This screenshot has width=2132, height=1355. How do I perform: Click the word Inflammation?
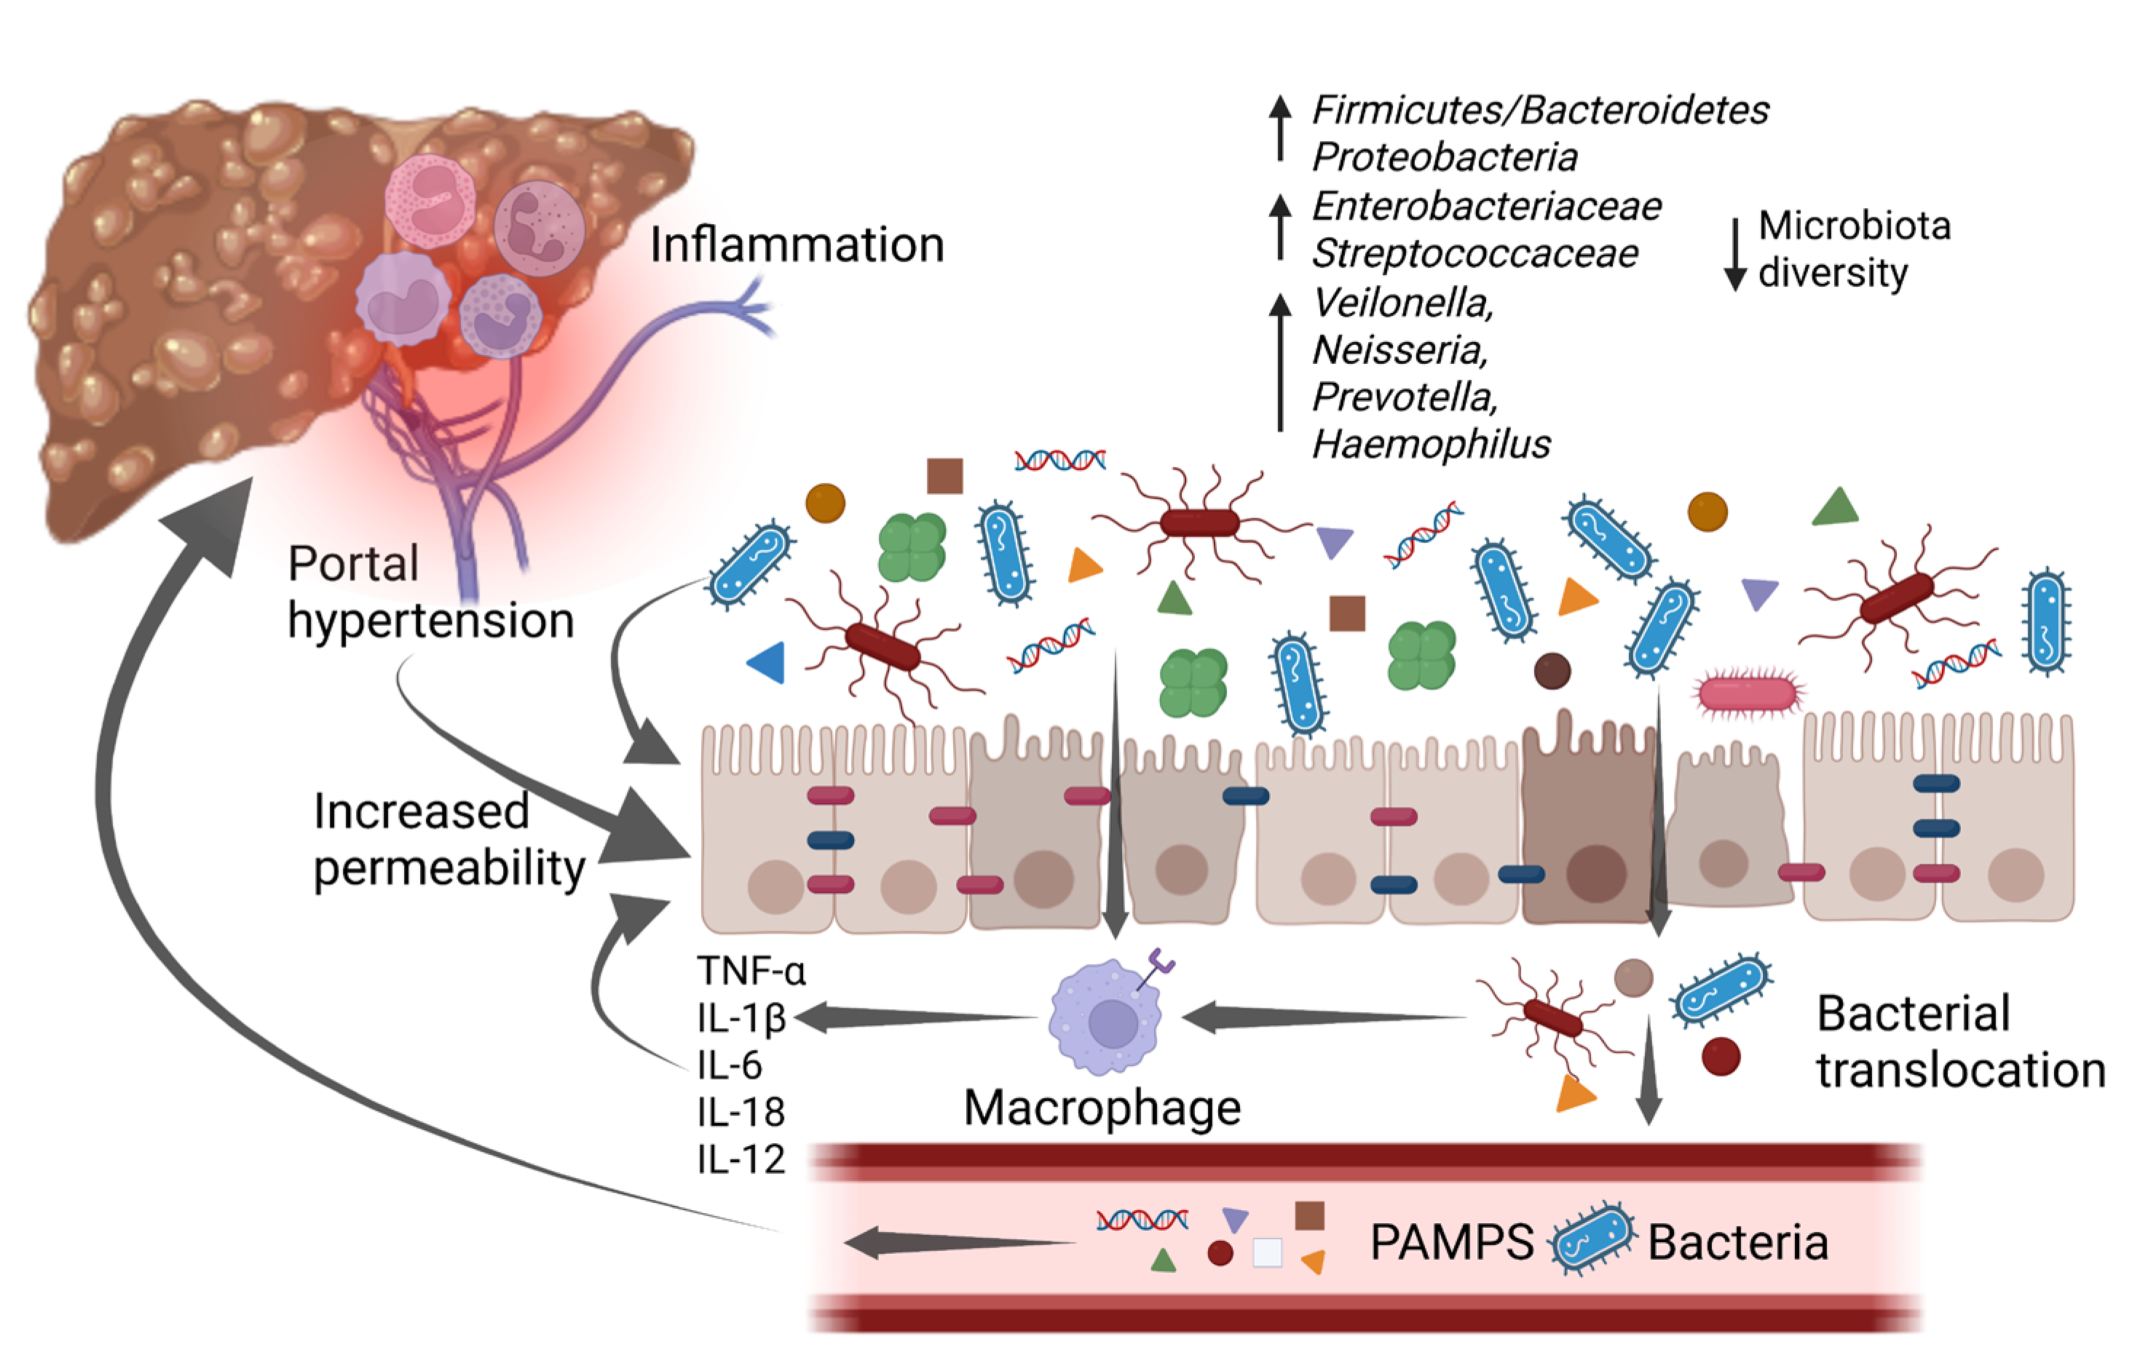coord(797,245)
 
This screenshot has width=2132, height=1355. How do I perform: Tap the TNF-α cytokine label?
coord(751,971)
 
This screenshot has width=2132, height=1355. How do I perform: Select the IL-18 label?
coord(741,1113)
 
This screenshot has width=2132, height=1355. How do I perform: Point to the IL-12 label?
coord(741,1159)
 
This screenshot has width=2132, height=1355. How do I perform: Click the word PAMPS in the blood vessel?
coord(1451,1243)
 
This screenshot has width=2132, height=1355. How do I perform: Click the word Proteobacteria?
coord(1444,157)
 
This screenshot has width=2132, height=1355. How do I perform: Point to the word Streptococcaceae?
coord(1474,254)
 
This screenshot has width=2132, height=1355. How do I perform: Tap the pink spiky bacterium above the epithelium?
coord(1748,694)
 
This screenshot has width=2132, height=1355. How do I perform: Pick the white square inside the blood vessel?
coord(1267,1252)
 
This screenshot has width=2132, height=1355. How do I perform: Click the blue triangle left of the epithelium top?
coord(767,662)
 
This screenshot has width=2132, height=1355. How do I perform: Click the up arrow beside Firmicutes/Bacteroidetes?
coord(1279,127)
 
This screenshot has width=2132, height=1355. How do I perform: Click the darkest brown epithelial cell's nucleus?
coord(1595,873)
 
